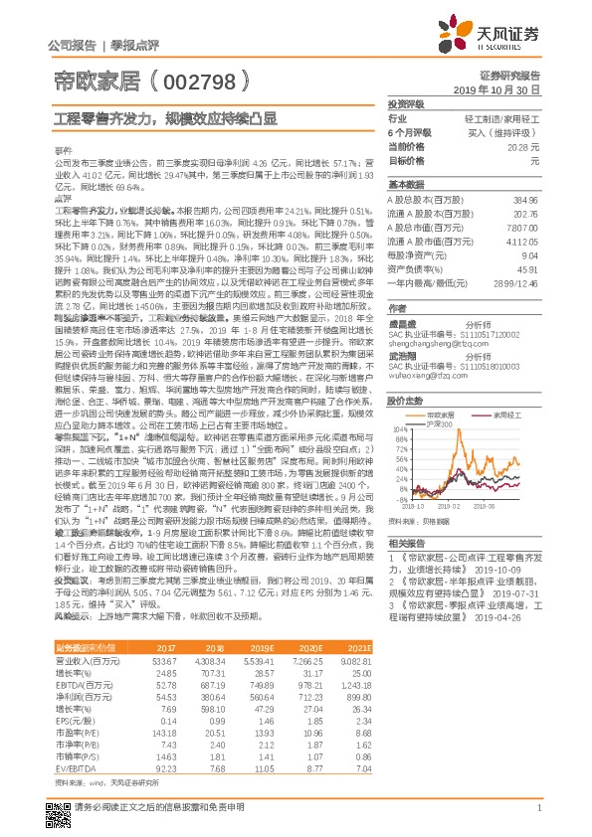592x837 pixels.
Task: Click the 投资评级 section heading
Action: click(x=405, y=103)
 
